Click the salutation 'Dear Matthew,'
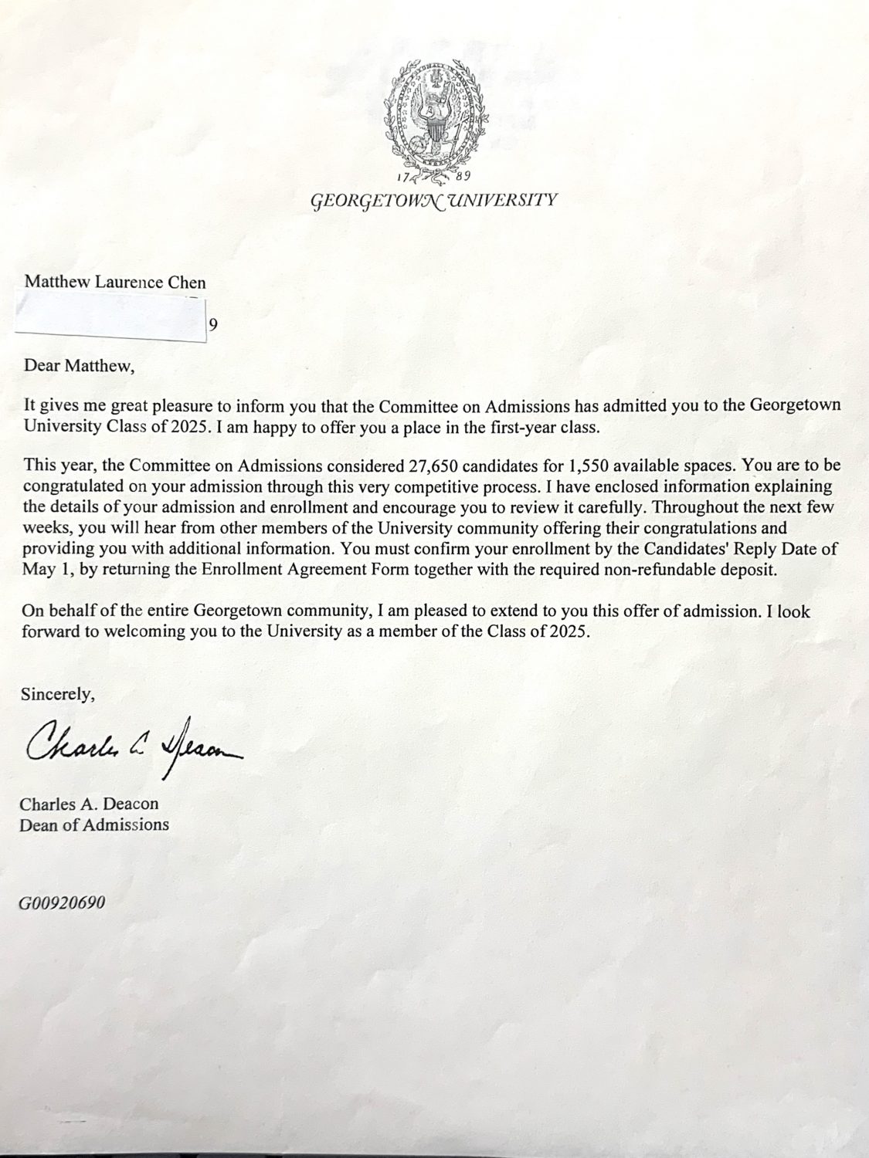(79, 366)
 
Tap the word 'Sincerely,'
(58, 694)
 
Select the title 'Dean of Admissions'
(94, 824)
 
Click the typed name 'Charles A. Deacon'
(90, 804)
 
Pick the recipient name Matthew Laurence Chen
(115, 282)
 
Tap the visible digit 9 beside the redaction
(213, 325)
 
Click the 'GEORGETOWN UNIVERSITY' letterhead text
(433, 201)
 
